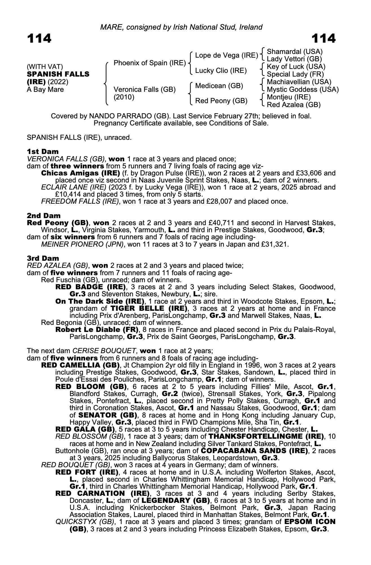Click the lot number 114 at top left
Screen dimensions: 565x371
pos(39,38)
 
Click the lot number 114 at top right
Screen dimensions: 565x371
pos(323,38)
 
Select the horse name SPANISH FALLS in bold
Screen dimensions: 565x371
pos(58,74)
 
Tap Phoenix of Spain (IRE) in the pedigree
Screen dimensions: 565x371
pos(150,63)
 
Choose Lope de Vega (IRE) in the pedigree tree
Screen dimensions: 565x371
pos(227,55)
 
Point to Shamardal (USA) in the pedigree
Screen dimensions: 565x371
pos(295,52)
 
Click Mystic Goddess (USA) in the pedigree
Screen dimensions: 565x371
pos(302,90)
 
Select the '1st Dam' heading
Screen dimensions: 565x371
pos(43,151)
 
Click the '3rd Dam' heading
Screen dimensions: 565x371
pos(43,258)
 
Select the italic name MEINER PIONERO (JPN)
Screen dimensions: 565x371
pos(82,244)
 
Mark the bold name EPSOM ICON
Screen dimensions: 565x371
pos(310,522)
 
